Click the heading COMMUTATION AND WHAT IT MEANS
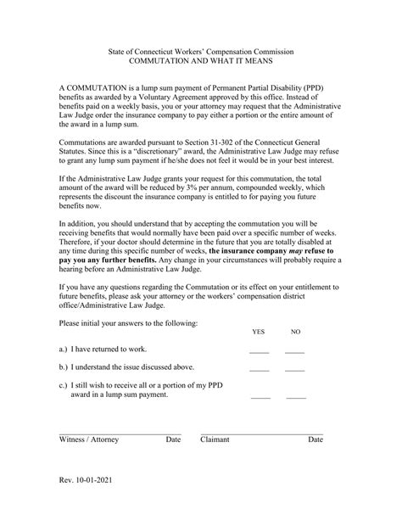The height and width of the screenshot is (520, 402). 201,63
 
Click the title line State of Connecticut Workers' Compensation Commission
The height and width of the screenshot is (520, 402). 201,52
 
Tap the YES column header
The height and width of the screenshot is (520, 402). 258,331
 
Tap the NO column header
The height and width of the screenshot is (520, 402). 295,331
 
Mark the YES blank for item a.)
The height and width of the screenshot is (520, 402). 259,349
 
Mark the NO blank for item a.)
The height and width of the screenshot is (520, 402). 294,349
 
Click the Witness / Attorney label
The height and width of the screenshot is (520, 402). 89,440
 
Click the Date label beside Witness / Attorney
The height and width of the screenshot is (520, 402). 173,440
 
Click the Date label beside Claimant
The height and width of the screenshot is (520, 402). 315,440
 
